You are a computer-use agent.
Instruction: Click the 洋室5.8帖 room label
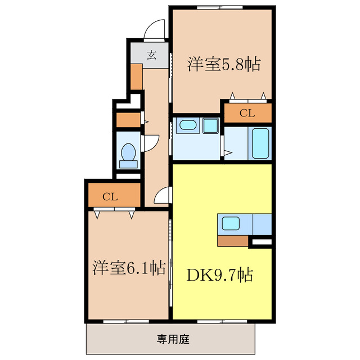[223, 65]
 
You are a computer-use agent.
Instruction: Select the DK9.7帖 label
[219, 275]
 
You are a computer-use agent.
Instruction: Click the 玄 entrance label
[151, 55]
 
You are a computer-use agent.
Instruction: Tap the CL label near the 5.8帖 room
[247, 113]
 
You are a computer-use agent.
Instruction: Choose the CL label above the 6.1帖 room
[110, 197]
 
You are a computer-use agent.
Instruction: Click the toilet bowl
[129, 153]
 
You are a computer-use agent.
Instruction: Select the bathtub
[260, 143]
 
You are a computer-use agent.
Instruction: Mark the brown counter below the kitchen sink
[232, 241]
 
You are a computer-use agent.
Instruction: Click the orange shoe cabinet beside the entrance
[136, 76]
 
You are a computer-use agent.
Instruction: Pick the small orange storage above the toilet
[127, 120]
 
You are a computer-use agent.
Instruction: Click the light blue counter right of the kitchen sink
[262, 224]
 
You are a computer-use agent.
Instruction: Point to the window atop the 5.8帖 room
[220, 7]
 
